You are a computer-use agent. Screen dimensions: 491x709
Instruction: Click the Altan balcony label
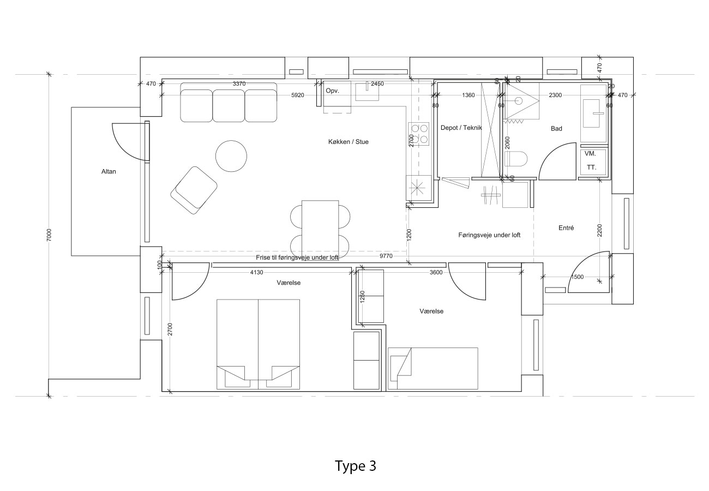(109, 171)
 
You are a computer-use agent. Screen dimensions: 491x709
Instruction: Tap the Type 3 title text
(355, 466)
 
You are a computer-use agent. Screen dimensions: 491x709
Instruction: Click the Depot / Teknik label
(461, 128)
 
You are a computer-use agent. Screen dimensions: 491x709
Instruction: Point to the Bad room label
(556, 129)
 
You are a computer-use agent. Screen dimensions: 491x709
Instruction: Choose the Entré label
(566, 227)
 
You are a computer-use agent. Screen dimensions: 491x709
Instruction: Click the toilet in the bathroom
(516, 159)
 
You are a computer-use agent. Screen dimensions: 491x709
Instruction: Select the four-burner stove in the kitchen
(419, 134)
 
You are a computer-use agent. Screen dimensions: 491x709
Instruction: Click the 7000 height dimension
(49, 235)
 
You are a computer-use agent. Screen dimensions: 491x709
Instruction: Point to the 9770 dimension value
(387, 255)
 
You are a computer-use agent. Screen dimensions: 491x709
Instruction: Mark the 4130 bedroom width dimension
(256, 272)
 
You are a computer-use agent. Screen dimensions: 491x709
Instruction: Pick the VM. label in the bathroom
(590, 154)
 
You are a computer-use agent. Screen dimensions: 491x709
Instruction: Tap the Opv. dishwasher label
(332, 91)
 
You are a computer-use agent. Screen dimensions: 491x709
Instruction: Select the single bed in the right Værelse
(432, 368)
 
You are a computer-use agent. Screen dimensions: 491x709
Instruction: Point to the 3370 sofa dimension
(239, 83)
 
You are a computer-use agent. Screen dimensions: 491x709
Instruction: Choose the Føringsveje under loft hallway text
(489, 235)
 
